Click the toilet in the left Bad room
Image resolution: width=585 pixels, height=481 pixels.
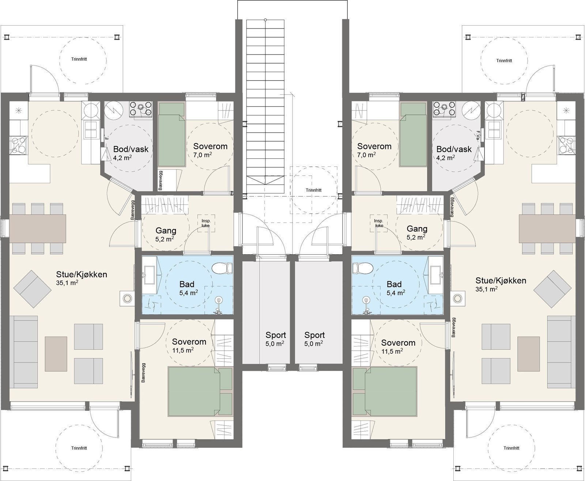(x=222, y=268)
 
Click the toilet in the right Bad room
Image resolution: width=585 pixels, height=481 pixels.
(x=362, y=268)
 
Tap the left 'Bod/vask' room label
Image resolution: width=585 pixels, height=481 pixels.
(x=131, y=149)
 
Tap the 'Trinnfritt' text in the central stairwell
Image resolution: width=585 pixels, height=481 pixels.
(x=314, y=190)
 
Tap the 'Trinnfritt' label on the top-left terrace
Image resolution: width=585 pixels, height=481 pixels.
(x=79, y=59)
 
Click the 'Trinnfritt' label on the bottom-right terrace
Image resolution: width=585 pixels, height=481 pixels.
(x=511, y=448)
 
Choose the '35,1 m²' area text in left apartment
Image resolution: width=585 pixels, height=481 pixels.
(x=67, y=283)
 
